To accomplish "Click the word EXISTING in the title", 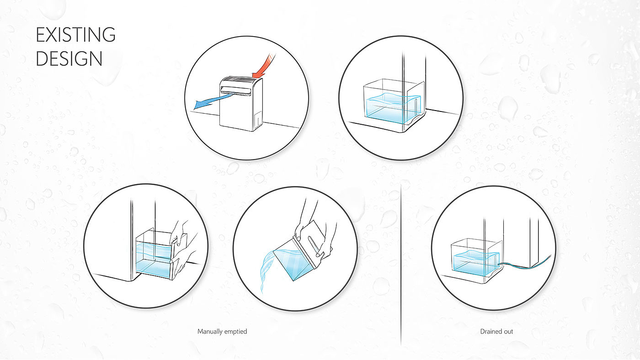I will pos(75,35).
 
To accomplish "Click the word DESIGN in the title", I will pos(69,58).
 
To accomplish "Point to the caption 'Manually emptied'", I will pos(222,331).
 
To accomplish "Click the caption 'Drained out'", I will pos(496,331).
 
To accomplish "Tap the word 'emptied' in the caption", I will pos(235,331).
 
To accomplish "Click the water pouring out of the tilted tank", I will pos(270,270).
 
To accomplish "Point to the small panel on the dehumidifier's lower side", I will pos(258,118).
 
